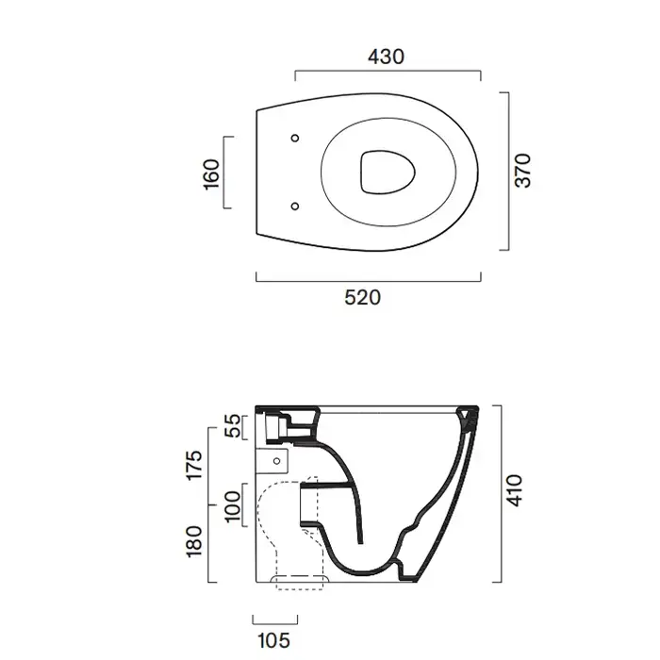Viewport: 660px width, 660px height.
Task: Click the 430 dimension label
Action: (x=386, y=57)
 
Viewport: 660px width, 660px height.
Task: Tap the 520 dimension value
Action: (x=362, y=298)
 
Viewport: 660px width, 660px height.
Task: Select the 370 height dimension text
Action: (x=523, y=170)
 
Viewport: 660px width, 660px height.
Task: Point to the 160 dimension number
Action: (x=212, y=174)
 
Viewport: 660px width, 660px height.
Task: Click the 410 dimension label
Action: (x=515, y=490)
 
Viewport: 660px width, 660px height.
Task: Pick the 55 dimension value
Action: (x=232, y=426)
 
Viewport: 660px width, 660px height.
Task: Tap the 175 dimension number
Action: (x=195, y=465)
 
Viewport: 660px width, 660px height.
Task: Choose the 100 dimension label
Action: (x=232, y=506)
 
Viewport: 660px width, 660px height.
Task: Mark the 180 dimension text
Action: (x=194, y=541)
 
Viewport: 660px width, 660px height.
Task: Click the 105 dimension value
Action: (x=273, y=640)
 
